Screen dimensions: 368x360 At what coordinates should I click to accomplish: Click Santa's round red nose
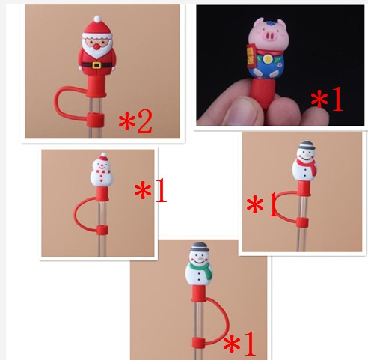coord(96,46)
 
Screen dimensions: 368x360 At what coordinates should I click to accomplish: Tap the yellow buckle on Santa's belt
coord(96,65)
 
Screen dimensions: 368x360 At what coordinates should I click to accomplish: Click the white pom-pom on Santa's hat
coord(97,19)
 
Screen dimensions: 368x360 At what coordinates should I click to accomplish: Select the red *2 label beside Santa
coord(135,121)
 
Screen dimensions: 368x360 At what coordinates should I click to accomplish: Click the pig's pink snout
coord(271,37)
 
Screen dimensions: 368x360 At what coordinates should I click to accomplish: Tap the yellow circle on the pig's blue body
coord(267,59)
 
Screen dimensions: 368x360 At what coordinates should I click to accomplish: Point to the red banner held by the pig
coord(250,55)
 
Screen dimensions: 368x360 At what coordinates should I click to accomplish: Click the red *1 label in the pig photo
coord(327,99)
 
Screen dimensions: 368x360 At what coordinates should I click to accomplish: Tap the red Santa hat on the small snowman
coord(102,157)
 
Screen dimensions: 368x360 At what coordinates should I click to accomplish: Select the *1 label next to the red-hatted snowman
coord(150,190)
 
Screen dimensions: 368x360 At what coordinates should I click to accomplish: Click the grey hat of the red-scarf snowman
coord(306,145)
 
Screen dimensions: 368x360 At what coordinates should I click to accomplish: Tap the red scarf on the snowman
coord(307,165)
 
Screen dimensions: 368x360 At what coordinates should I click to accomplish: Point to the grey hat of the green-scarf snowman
coord(199,246)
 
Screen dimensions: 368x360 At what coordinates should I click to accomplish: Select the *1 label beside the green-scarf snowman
coord(239,344)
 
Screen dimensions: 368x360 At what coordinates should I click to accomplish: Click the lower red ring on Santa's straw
coord(95,120)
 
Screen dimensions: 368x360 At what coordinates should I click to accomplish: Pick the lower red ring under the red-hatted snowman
coord(102,230)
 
